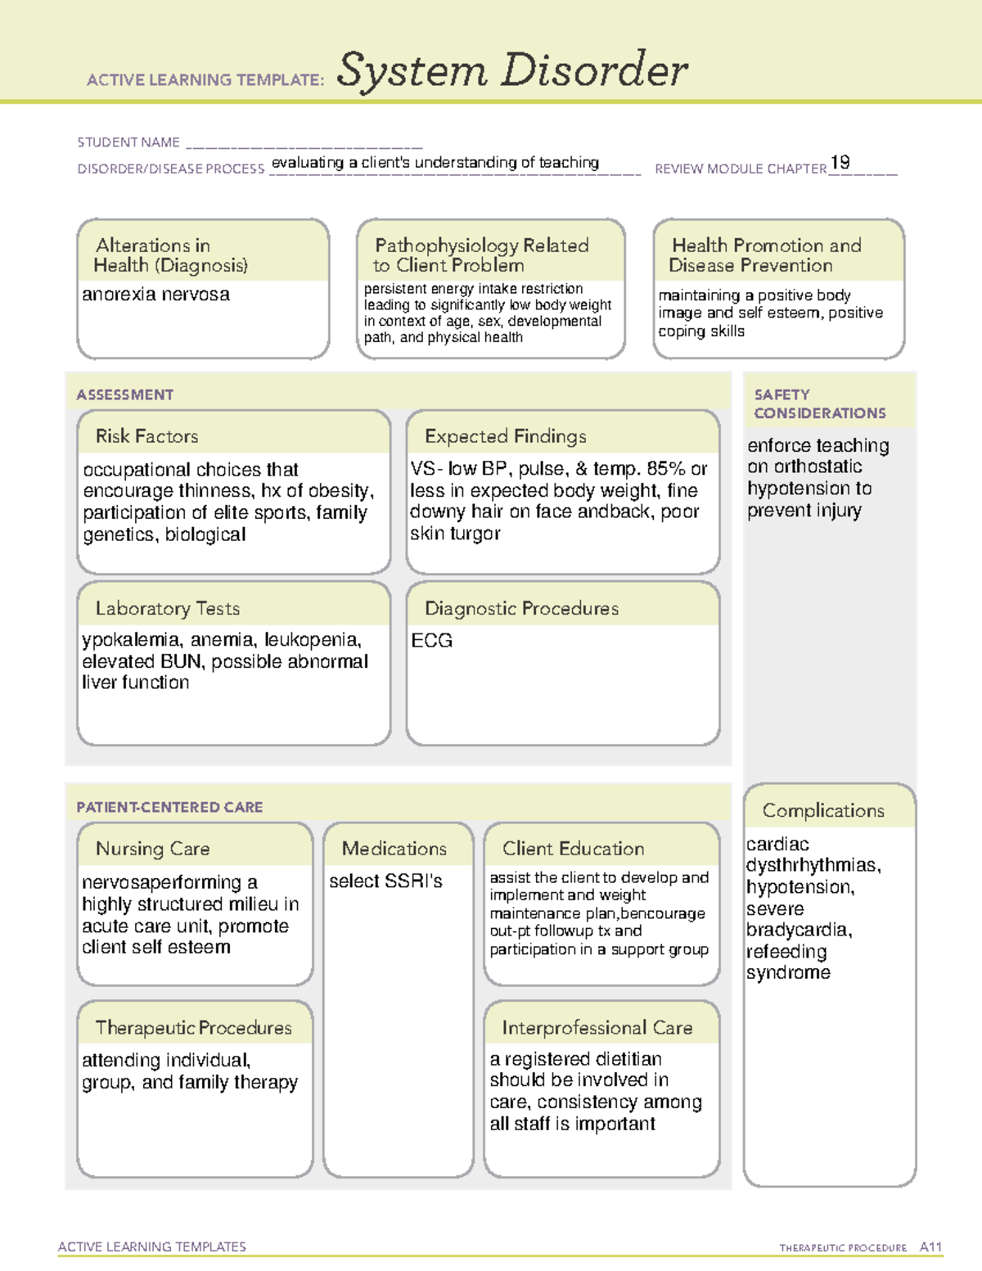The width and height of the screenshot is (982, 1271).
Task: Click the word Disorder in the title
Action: pos(594,70)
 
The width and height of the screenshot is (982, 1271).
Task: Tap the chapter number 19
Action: pos(840,162)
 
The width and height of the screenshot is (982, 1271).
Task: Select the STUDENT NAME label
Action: pos(128,142)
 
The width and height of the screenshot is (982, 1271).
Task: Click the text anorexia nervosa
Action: pos(155,295)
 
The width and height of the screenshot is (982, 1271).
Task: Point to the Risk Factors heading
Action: pos(146,436)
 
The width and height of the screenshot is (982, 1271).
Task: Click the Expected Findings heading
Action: pos(505,436)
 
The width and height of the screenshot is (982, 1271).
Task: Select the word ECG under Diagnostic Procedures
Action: pos(431,641)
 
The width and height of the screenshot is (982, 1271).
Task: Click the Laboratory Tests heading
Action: pos(167,608)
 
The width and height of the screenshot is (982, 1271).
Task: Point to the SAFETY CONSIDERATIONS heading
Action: pos(819,404)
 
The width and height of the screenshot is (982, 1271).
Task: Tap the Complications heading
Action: pos(822,810)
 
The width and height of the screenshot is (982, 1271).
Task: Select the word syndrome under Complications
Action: pos(788,973)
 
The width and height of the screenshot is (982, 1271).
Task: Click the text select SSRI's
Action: pos(385,881)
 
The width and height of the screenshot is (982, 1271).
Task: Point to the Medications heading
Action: pos(394,849)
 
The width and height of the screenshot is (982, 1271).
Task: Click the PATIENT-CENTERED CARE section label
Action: pos(169,807)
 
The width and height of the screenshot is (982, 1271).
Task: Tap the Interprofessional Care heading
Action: pos(597,1028)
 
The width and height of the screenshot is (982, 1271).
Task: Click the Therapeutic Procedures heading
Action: pos(193,1028)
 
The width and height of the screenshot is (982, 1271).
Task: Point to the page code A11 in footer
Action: pos(930,1247)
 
